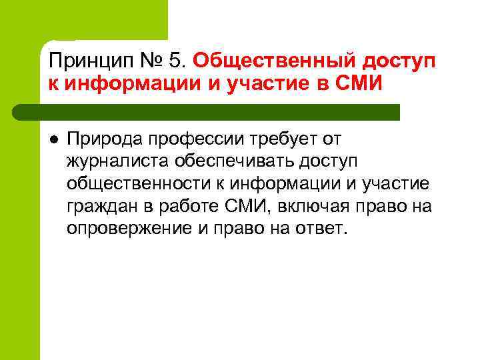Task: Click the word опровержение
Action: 123,229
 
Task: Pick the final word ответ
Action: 324,229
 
